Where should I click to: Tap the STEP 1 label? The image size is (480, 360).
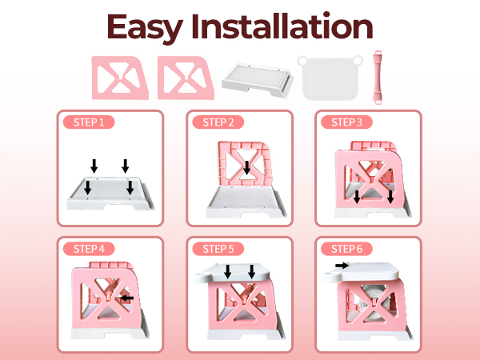(88, 122)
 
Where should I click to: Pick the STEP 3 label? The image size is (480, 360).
(346, 122)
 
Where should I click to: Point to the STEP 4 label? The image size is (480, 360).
(88, 248)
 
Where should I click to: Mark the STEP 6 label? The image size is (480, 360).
(346, 248)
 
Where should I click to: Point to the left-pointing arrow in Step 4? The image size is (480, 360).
(125, 298)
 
